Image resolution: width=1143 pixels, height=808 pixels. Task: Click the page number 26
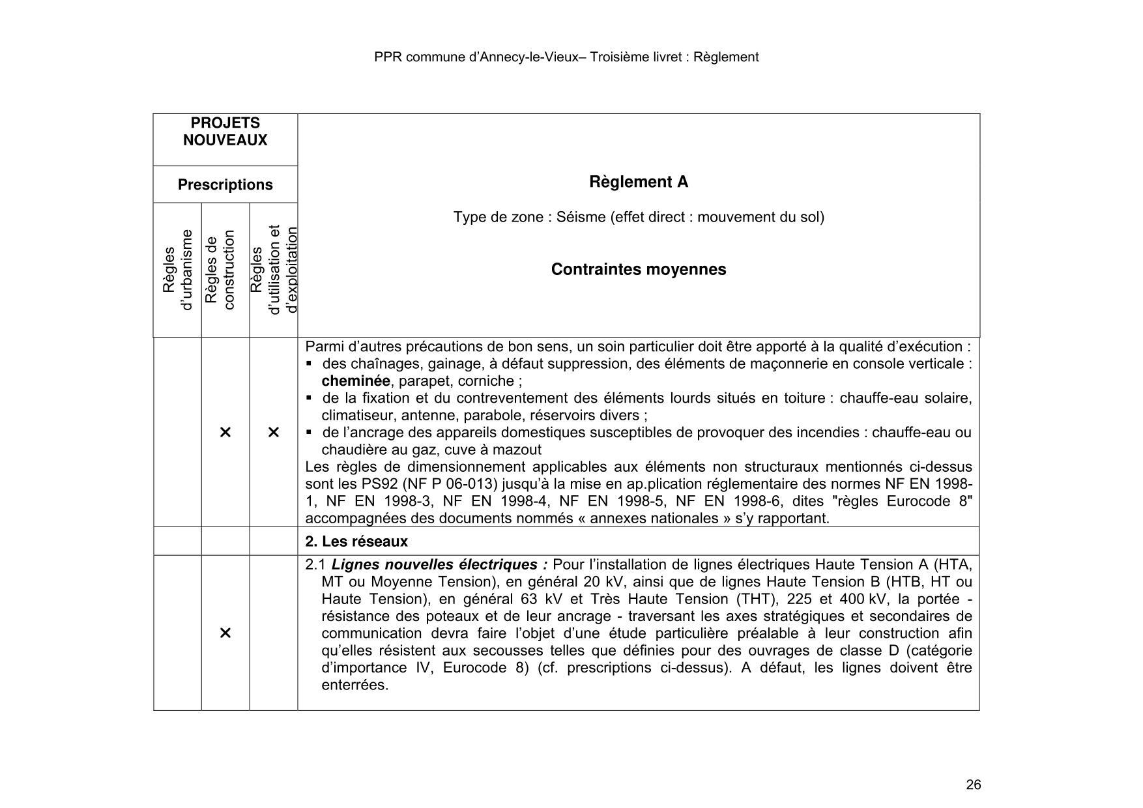[x=973, y=785]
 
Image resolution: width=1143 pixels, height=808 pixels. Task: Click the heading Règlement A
[x=638, y=182]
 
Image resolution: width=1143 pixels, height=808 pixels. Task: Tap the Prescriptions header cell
[x=225, y=185]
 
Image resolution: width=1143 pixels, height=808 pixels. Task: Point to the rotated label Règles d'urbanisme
[x=177, y=270]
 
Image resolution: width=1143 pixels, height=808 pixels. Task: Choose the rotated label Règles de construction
[x=219, y=270]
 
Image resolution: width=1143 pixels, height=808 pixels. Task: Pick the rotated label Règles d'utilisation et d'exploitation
[x=274, y=270]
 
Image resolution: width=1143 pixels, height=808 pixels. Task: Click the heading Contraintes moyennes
[x=638, y=270]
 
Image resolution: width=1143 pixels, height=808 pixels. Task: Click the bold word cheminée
[x=355, y=381]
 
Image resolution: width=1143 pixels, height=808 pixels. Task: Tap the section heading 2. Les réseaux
[x=356, y=541]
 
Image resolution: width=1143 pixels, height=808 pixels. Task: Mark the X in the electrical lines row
[x=225, y=633]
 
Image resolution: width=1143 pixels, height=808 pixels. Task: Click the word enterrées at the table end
[x=354, y=685]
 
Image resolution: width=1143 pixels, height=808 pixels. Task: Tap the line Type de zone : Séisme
[x=638, y=217]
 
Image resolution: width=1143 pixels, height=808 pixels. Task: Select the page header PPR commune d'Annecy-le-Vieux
[x=566, y=57]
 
